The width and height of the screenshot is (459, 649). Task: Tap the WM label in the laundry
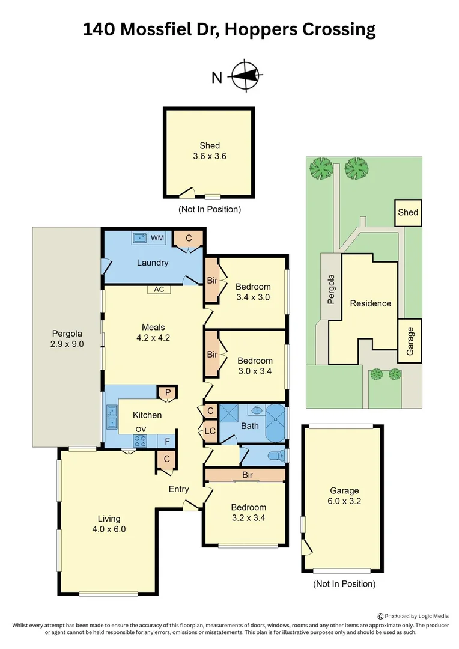pyautogui.click(x=157, y=238)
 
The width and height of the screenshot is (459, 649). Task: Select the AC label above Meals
pyautogui.click(x=159, y=289)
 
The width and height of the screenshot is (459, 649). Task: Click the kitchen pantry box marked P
pyautogui.click(x=168, y=392)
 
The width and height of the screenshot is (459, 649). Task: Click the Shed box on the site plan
pyautogui.click(x=408, y=212)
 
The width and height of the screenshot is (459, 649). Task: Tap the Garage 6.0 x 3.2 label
pyautogui.click(x=344, y=495)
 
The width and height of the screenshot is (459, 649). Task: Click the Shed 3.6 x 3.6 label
pyautogui.click(x=209, y=151)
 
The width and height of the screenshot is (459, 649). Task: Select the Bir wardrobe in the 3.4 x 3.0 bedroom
pyautogui.click(x=212, y=281)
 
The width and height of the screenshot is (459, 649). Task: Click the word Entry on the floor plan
pyautogui.click(x=178, y=489)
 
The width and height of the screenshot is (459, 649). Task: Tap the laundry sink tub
pyautogui.click(x=140, y=237)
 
